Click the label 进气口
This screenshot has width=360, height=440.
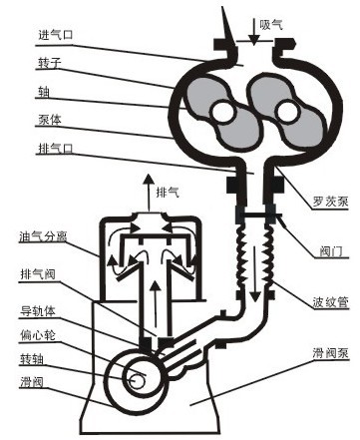[x=56, y=35]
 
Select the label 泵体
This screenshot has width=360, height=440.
[x=50, y=120]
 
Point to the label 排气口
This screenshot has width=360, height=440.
[x=56, y=148]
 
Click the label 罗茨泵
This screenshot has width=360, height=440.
[x=330, y=202]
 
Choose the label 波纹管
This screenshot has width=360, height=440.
[x=330, y=302]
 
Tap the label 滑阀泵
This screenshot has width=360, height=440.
[x=330, y=353]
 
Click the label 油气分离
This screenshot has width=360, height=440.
[x=43, y=236]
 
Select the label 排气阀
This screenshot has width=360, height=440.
[x=38, y=274]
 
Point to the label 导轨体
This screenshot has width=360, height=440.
[x=38, y=311]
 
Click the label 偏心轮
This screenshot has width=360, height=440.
[x=38, y=335]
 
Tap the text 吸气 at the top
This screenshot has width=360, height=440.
[x=271, y=24]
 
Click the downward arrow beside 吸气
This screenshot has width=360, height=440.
[x=254, y=31]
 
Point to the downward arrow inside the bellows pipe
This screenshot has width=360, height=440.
[x=255, y=274]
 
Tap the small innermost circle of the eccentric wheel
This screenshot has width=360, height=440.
[x=136, y=380]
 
